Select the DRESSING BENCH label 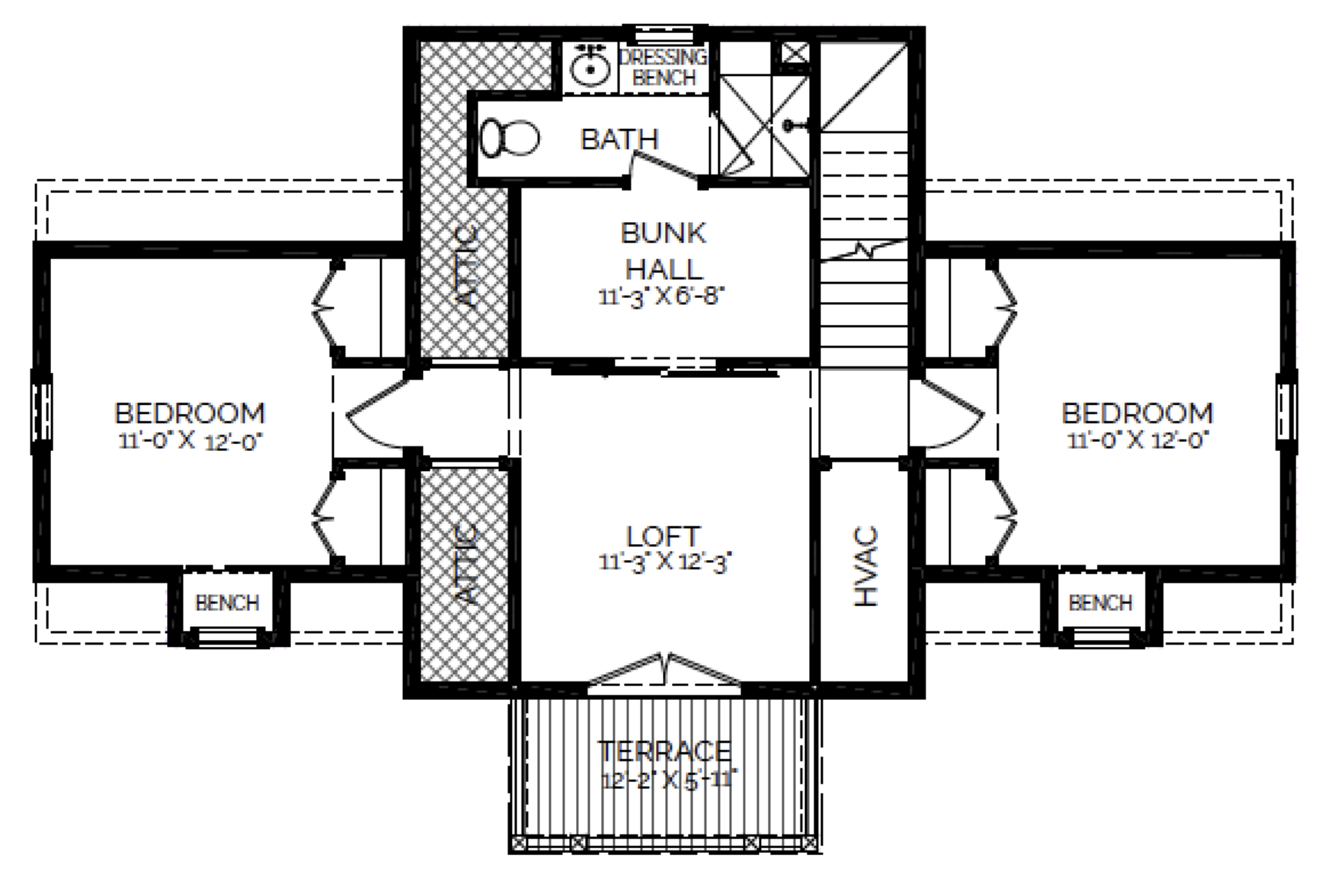pyautogui.click(x=663, y=67)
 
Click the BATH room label pyautogui.click(x=619, y=139)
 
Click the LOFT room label pyautogui.click(x=663, y=537)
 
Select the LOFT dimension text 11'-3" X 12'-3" pyautogui.click(x=664, y=562)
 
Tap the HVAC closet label pyautogui.click(x=866, y=567)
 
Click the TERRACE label pyautogui.click(x=664, y=751)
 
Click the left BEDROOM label pyautogui.click(x=190, y=413)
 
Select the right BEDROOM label pyautogui.click(x=1137, y=413)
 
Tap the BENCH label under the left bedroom pyautogui.click(x=227, y=603)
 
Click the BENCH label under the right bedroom pyautogui.click(x=1100, y=603)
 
